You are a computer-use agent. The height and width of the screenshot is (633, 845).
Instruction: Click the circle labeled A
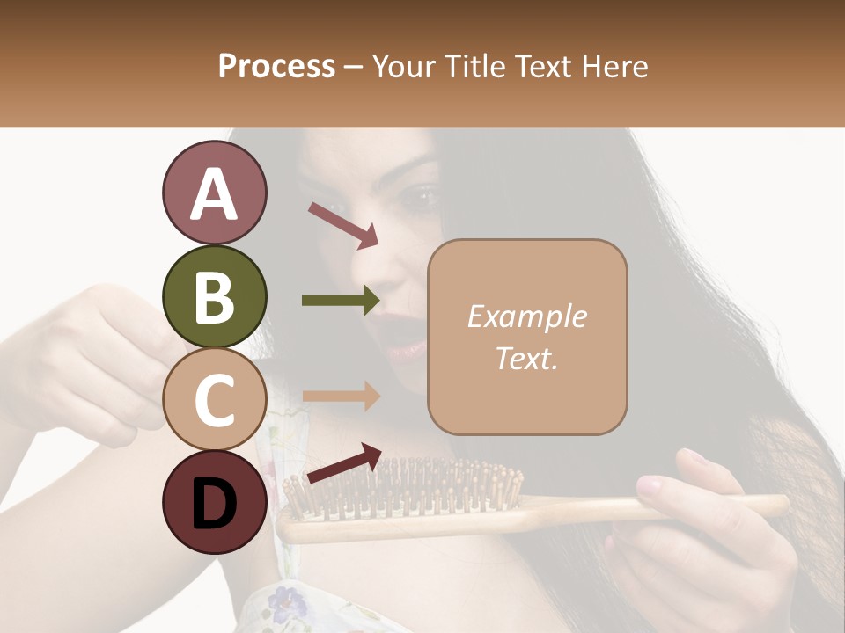(214, 193)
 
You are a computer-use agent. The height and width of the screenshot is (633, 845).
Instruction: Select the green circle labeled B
(214, 296)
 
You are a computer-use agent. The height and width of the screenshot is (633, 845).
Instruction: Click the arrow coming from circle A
(343, 223)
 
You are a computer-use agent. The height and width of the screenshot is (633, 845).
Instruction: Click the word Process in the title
(276, 66)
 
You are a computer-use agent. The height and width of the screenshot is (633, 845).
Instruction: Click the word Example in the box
(526, 316)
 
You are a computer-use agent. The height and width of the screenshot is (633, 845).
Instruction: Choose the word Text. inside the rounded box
(526, 358)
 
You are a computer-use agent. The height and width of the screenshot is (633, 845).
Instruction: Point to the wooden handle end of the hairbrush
(766, 505)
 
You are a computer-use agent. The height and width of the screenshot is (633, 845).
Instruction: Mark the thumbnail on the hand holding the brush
(649, 484)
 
